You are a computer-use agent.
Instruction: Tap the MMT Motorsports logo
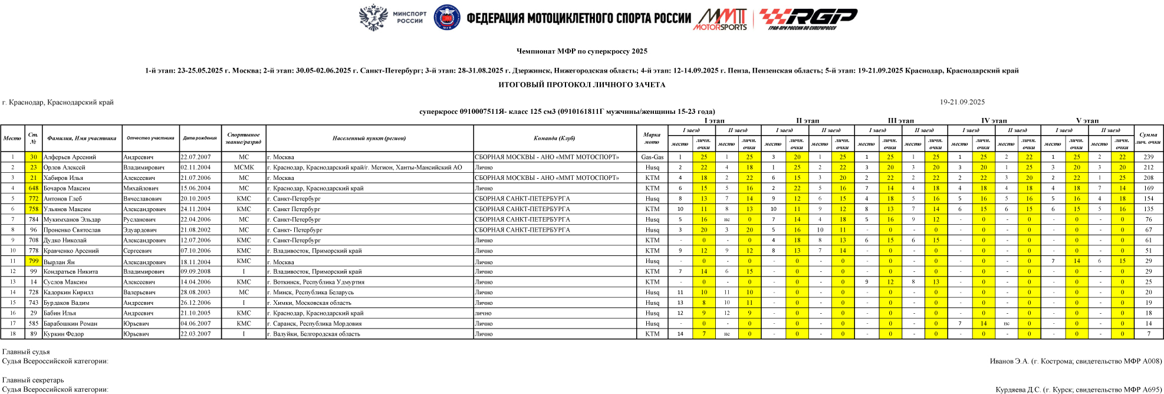click(720, 19)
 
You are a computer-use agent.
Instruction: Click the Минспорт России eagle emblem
click(373, 17)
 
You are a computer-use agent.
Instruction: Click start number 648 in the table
click(34, 188)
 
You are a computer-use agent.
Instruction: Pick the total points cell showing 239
click(1148, 157)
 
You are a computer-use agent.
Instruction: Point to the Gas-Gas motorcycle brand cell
click(652, 157)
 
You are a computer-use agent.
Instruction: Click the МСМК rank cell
click(244, 168)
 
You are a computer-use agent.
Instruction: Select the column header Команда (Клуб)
click(554, 138)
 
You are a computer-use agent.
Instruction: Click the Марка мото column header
click(652, 138)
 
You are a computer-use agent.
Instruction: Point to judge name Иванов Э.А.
click(1009, 361)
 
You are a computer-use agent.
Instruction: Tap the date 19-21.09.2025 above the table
click(962, 102)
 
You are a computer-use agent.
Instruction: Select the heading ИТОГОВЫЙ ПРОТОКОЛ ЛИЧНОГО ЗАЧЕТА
click(581, 84)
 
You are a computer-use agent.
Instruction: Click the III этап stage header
click(900, 120)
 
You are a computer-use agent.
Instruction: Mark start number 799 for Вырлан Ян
click(34, 261)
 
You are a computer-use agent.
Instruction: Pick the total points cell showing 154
click(1148, 199)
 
